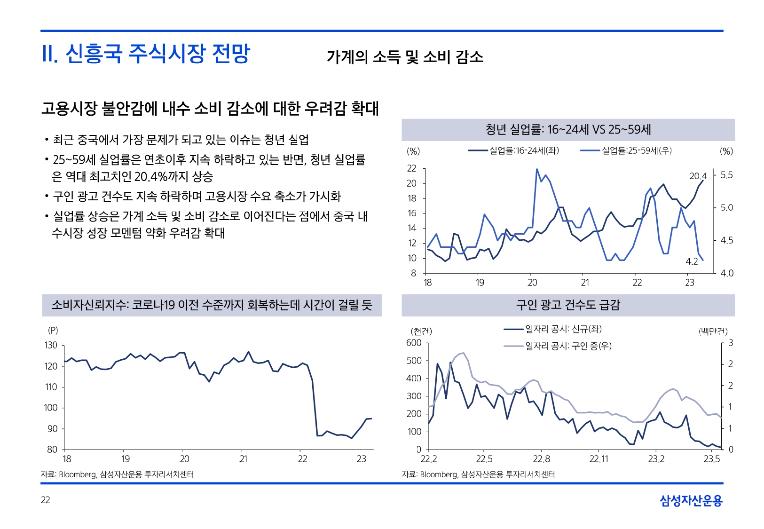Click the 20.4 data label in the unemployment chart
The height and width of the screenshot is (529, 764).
698,176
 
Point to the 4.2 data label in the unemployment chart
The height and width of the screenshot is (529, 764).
692,262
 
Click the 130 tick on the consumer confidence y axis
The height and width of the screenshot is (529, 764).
51,345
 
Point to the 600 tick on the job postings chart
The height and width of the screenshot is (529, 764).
414,343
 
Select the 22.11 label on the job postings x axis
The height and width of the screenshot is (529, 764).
599,459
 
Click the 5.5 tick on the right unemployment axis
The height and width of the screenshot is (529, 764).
726,175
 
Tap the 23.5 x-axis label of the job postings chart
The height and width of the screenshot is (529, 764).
712,459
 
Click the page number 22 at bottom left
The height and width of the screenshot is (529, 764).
45,500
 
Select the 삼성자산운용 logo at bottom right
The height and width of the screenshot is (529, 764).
691,501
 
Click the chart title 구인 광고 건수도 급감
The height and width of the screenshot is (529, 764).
568,305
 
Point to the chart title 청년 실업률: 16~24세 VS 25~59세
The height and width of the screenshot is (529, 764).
568,130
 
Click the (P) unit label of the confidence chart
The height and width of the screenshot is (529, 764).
53,330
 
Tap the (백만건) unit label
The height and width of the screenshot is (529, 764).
713,332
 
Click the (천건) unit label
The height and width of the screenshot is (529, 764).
421,332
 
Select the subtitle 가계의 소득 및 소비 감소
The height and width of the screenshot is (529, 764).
405,57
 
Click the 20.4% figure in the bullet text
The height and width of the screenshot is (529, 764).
151,177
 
